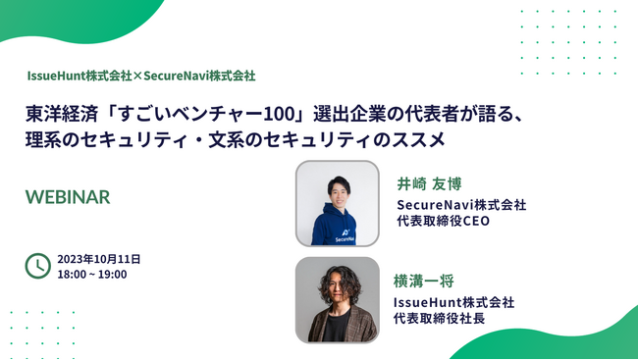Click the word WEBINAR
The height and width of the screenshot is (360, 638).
[68, 196]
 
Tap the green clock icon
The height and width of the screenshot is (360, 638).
[37, 265]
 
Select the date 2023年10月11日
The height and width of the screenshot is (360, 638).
[99, 259]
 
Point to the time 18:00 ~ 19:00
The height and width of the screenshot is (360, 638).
[92, 274]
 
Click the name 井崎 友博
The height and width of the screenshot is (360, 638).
[429, 183]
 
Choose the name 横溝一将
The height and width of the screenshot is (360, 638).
[424, 281]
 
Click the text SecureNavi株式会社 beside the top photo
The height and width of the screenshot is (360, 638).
[461, 204]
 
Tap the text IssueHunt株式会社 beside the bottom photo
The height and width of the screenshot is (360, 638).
[453, 302]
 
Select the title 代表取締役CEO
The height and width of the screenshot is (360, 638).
[443, 221]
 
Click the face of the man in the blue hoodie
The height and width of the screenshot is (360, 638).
[338, 190]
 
